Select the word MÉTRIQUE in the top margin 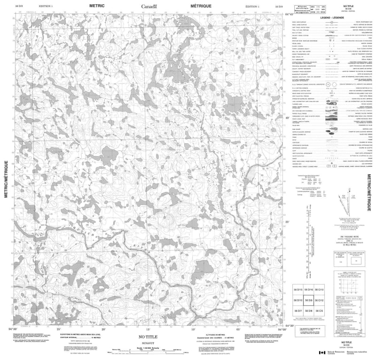click(x=201, y=5)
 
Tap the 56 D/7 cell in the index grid click(x=298, y=311)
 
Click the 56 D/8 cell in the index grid click(x=309, y=311)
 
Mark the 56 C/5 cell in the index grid click(x=320, y=311)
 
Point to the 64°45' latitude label click(x=290, y=15)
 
